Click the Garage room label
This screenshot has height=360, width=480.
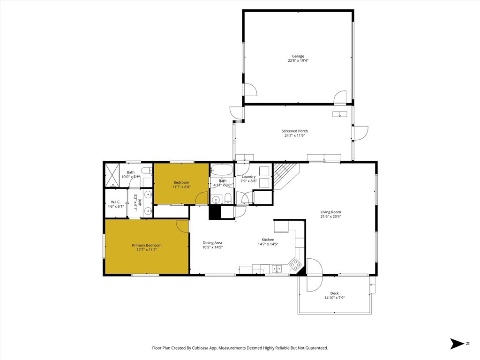[298, 56]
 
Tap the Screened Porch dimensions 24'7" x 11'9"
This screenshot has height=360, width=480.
[295, 136]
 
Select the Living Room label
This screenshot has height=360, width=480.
[330, 211]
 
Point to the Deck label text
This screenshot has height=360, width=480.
[334, 293]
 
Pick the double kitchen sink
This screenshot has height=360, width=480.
[276, 269]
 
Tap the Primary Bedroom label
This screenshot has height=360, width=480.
[147, 245]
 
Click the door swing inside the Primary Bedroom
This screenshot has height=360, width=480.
[182, 225]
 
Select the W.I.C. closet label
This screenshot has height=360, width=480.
[116, 202]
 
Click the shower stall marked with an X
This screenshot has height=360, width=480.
[112, 174]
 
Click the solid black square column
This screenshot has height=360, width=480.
[215, 213]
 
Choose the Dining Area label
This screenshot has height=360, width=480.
[212, 242]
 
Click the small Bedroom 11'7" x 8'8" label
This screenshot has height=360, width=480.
[181, 182]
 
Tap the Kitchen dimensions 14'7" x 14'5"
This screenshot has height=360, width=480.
[268, 244]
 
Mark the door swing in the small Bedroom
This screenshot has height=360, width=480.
[202, 198]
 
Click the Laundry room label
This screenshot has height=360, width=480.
[248, 176]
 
